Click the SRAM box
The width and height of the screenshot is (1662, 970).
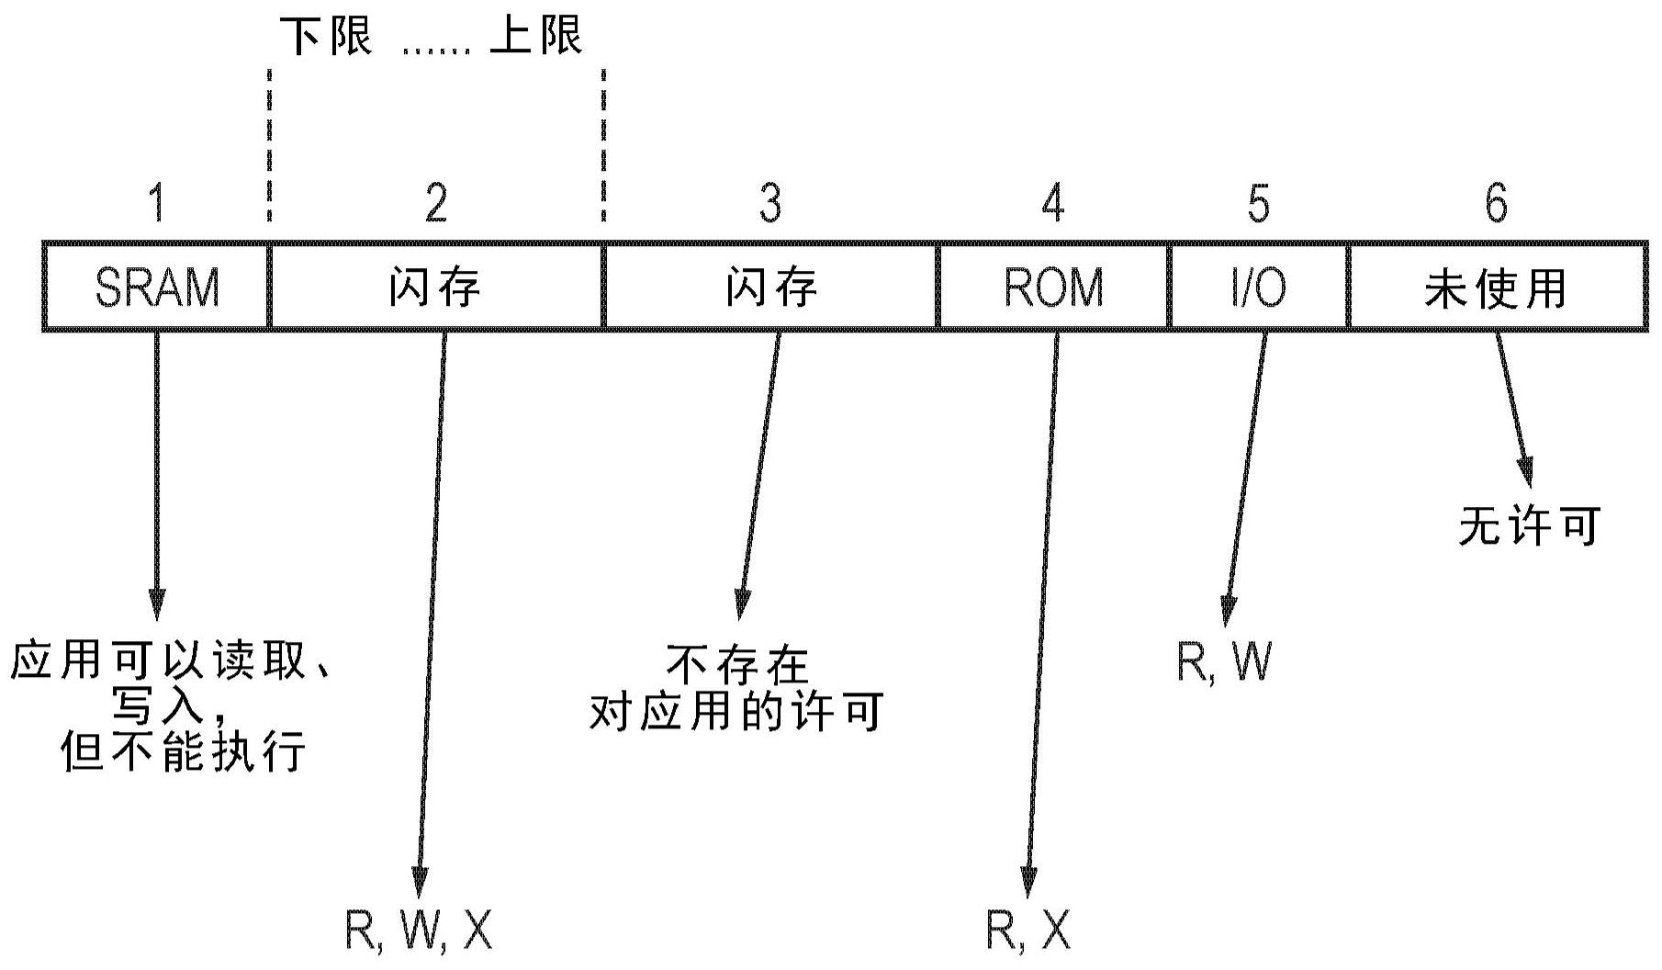tap(157, 287)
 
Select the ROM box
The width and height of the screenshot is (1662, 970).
tap(1053, 287)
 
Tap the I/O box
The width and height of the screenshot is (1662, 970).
tap(1258, 287)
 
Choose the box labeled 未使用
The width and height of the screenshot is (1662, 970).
tap(1495, 287)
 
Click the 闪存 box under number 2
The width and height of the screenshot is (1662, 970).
tap(435, 287)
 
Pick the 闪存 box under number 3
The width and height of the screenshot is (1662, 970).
tap(770, 287)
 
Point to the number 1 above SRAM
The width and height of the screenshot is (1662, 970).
tap(158, 203)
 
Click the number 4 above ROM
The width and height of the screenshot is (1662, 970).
tap(1053, 203)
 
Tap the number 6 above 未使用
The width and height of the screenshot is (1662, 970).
tap(1496, 203)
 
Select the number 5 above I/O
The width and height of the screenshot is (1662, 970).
tap(1259, 203)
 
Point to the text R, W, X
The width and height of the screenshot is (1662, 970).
tap(419, 931)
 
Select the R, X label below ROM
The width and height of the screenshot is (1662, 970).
tap(1028, 931)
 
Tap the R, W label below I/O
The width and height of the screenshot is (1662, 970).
tap(1224, 660)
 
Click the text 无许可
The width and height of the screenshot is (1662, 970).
tap(1529, 526)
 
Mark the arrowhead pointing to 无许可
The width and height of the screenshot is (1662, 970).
tap(1525, 473)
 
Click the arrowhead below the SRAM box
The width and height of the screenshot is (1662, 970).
tap(157, 603)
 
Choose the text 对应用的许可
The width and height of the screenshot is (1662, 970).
tap(736, 712)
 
